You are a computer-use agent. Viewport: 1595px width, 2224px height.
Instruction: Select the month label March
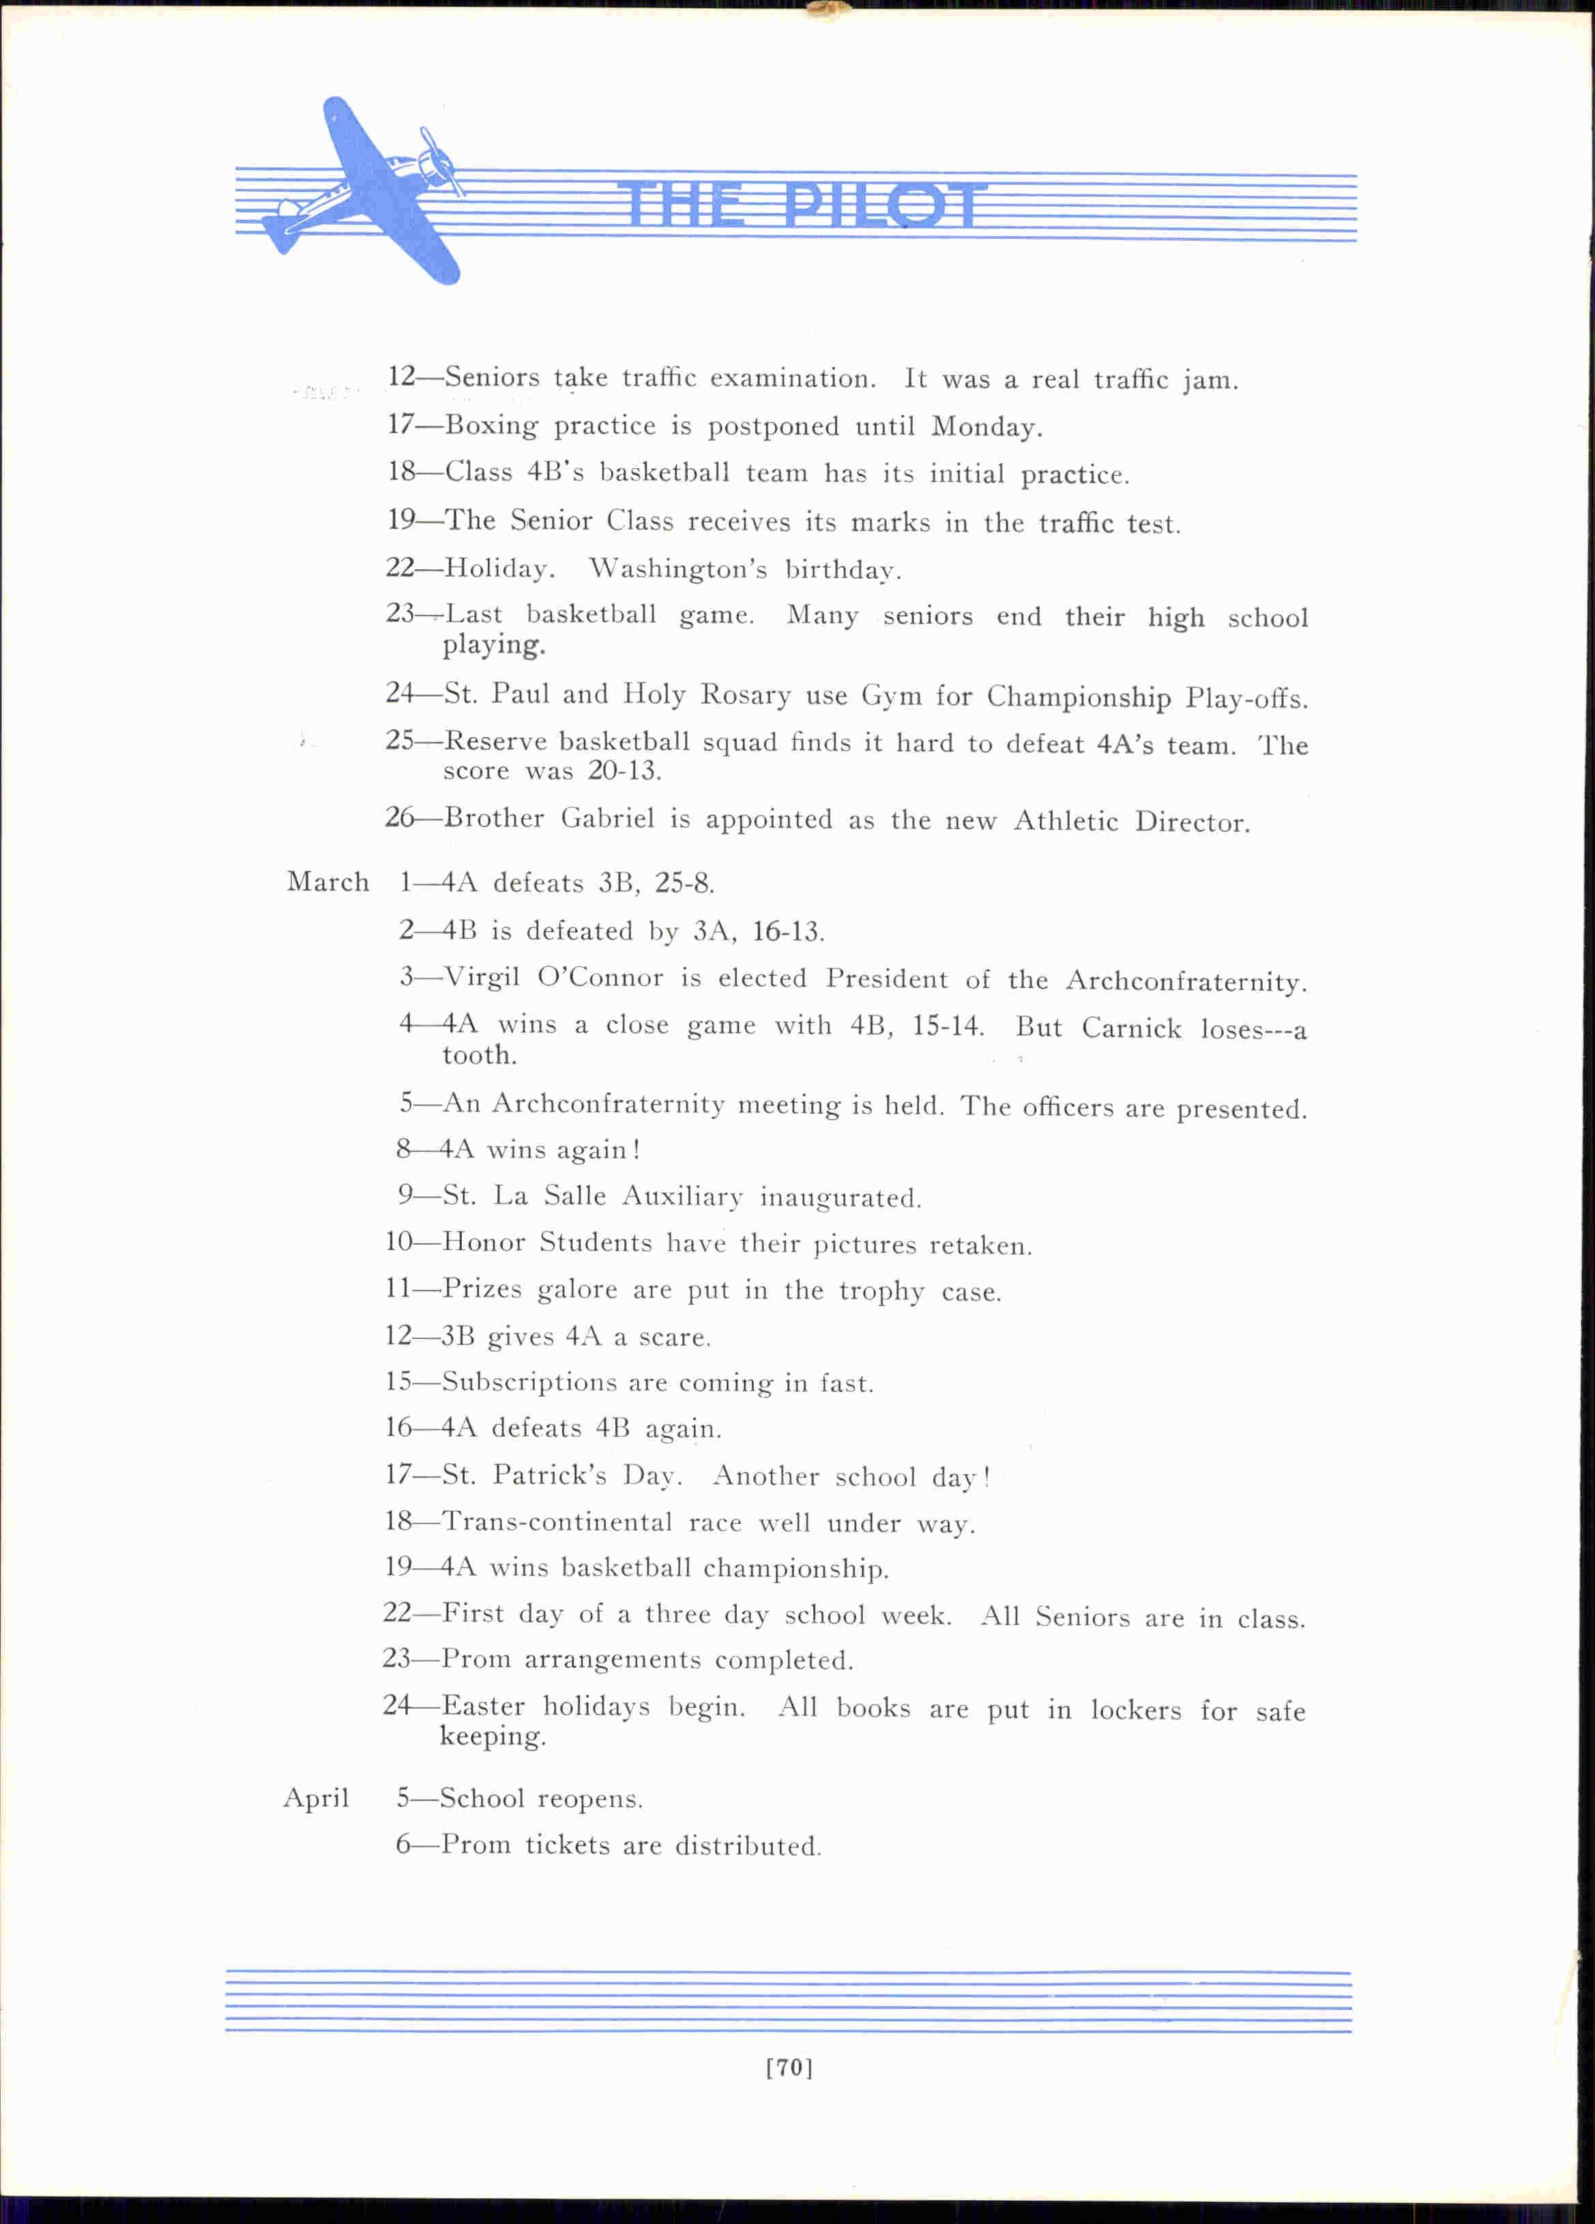pyautogui.click(x=327, y=882)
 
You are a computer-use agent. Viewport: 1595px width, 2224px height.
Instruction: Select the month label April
pyautogui.click(x=316, y=1798)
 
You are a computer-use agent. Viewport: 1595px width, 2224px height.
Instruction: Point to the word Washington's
pyautogui.click(x=677, y=570)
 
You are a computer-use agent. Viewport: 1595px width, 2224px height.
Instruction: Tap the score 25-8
pyautogui.click(x=684, y=884)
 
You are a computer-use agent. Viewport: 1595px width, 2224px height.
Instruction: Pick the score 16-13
pyautogui.click(x=787, y=932)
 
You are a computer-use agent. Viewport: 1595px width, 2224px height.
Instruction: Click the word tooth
pyautogui.click(x=478, y=1056)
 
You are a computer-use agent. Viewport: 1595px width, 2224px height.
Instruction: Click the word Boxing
pyautogui.click(x=491, y=426)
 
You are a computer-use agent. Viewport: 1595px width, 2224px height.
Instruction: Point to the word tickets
pyautogui.click(x=567, y=1845)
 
